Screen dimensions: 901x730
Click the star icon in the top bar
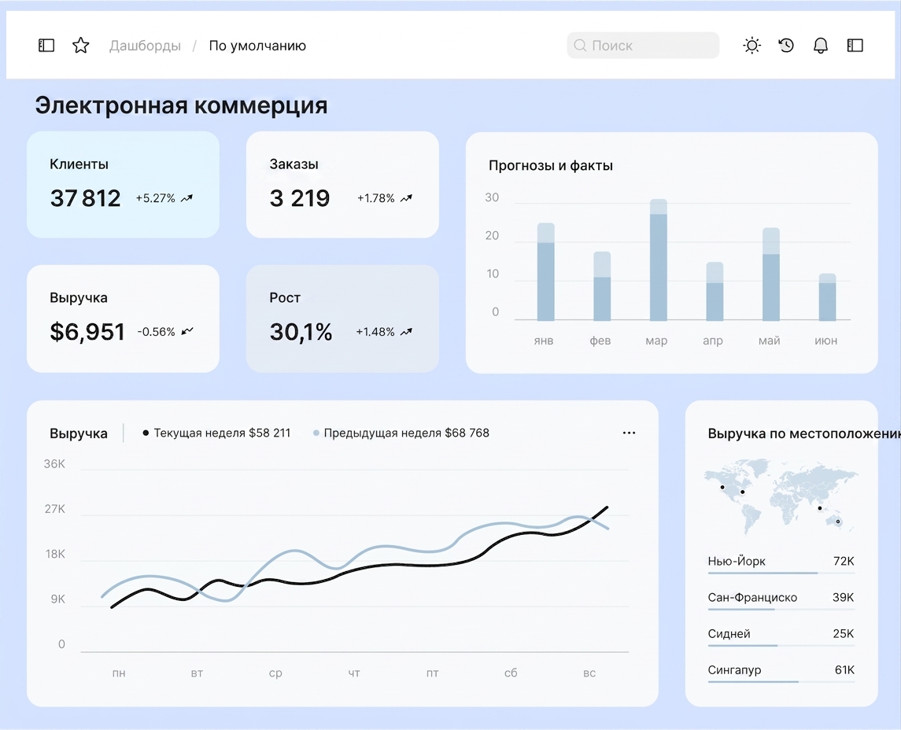point(81,46)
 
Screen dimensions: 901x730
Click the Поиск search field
point(642,46)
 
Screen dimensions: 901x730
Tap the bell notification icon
point(821,46)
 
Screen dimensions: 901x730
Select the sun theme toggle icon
point(751,46)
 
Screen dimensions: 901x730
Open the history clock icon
point(786,46)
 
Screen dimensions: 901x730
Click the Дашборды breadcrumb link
point(145,46)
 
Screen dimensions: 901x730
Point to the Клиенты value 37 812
point(85,198)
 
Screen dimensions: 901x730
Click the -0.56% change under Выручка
point(157,332)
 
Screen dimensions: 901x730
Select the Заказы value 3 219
point(299,198)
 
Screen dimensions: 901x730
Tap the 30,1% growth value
point(301,332)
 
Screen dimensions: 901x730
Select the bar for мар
point(659,260)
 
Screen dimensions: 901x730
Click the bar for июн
point(828,297)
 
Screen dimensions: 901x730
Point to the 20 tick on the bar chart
point(492,235)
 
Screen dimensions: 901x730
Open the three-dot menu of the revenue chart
point(630,433)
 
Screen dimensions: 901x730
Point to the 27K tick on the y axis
point(54,509)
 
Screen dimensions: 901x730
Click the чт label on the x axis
point(354,673)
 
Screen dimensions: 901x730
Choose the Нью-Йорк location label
point(737,561)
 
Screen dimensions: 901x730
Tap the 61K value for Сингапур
point(844,669)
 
